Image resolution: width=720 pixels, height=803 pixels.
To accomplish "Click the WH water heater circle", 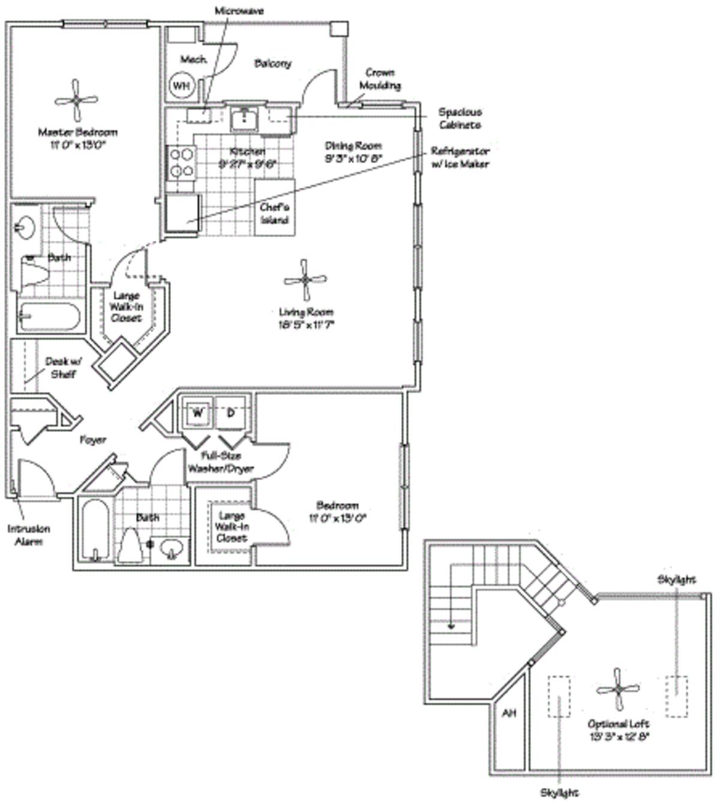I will pyautogui.click(x=181, y=86).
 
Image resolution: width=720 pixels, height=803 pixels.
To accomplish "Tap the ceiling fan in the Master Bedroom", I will pyautogui.click(x=76, y=100).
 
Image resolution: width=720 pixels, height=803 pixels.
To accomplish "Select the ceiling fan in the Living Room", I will pyautogui.click(x=305, y=279).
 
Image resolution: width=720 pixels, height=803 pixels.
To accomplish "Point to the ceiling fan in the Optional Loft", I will pyautogui.click(x=618, y=688).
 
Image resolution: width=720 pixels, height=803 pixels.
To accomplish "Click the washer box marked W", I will pyautogui.click(x=197, y=413).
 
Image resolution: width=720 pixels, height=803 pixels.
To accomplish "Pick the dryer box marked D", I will pyautogui.click(x=230, y=413).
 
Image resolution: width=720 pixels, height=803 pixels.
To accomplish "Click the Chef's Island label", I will pyautogui.click(x=275, y=213).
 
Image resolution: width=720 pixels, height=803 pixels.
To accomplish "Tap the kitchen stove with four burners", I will pyautogui.click(x=182, y=162).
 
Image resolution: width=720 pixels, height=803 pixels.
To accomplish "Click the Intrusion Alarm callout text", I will pyautogui.click(x=29, y=535).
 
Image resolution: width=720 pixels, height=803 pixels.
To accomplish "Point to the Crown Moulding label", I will pyautogui.click(x=380, y=79).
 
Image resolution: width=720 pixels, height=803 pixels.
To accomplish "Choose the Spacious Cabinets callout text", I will pyautogui.click(x=460, y=118).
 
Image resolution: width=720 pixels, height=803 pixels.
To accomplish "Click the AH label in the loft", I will pyautogui.click(x=509, y=713).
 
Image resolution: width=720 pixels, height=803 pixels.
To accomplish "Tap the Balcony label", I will pyautogui.click(x=272, y=63).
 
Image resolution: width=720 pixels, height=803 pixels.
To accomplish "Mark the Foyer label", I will pyautogui.click(x=93, y=440).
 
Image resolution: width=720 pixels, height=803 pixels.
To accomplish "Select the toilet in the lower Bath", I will pyautogui.click(x=130, y=545).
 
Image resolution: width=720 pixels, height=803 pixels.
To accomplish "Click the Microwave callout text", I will pyautogui.click(x=239, y=11).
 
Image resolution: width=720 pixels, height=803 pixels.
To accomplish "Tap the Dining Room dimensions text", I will pyautogui.click(x=353, y=159).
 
